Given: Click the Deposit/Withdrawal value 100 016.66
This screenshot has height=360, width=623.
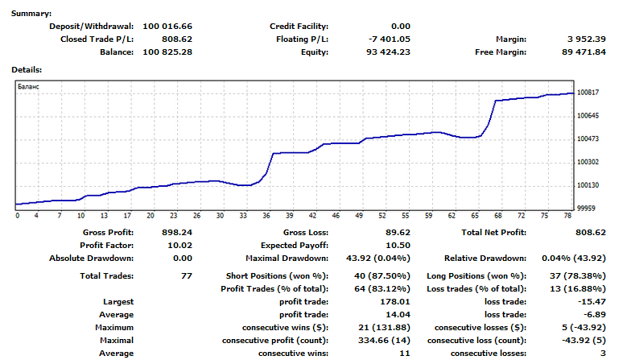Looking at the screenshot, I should point(167,26).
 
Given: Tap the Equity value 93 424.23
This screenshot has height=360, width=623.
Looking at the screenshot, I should point(390,52).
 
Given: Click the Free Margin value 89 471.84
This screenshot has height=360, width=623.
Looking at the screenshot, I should point(585,52).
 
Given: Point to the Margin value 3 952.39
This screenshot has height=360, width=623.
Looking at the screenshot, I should point(588,39).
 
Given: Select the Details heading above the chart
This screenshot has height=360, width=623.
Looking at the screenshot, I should point(27,70).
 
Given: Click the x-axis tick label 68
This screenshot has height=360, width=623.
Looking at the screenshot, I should point(498,216).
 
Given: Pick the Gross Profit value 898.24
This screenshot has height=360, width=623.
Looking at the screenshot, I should point(175,232).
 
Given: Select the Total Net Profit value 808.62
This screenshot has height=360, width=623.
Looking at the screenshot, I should point(588,232).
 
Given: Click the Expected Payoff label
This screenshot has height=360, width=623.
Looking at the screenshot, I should point(295,245).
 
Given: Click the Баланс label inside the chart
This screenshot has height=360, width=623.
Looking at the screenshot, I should point(29,85).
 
